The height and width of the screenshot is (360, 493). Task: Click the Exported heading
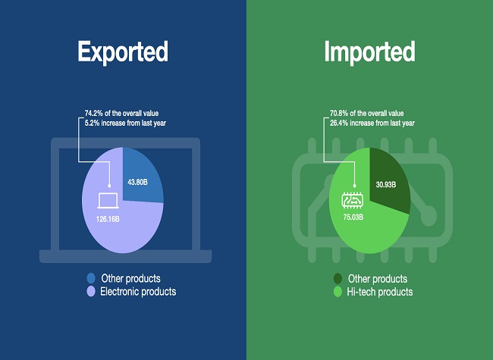pyautogui.click(x=123, y=52)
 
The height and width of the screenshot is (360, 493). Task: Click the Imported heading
pyautogui.click(x=370, y=52)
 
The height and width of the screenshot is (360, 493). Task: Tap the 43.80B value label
pyautogui.click(x=137, y=182)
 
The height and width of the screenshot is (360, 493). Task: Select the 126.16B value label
pyautogui.click(x=108, y=219)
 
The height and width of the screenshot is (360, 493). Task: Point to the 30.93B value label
pyautogui.click(x=386, y=185)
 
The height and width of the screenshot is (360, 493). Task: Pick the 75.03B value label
pyautogui.click(x=353, y=217)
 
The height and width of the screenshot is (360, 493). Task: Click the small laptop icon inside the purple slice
pyautogui.click(x=108, y=200)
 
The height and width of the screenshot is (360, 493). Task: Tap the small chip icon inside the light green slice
pyautogui.click(x=353, y=200)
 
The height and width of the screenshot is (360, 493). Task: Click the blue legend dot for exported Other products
pyautogui.click(x=91, y=278)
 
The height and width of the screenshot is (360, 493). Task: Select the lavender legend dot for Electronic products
pyautogui.click(x=91, y=292)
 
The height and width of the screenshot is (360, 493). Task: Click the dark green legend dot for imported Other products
pyautogui.click(x=338, y=279)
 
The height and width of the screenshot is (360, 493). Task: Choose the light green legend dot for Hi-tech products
pyautogui.click(x=338, y=292)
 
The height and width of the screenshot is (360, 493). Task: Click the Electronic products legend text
pyautogui.click(x=138, y=292)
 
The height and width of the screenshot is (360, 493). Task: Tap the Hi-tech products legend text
pyautogui.click(x=380, y=292)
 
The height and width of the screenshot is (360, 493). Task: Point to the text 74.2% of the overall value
pyautogui.click(x=121, y=113)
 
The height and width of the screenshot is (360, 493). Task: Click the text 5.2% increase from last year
pyautogui.click(x=125, y=123)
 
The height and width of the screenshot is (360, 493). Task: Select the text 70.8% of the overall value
pyautogui.click(x=366, y=113)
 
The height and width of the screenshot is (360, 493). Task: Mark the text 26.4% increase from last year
pyautogui.click(x=372, y=123)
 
